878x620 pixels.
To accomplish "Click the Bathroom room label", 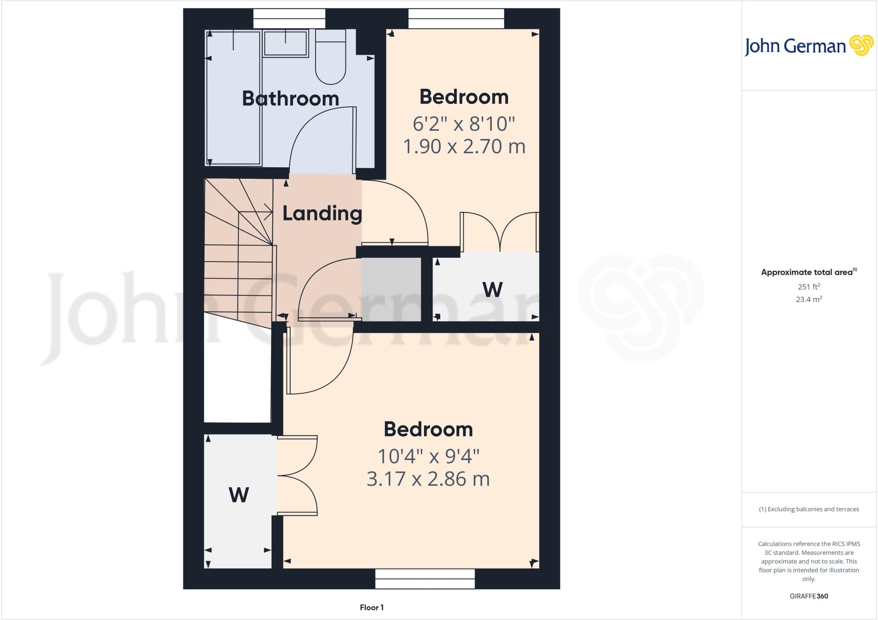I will click(x=290, y=99).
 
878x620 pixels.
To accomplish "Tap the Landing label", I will click(x=322, y=213).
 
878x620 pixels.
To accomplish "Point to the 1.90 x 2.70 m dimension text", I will click(x=464, y=147).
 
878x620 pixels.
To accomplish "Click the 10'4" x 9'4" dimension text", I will click(x=428, y=456).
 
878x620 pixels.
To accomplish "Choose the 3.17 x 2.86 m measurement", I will click(x=428, y=479).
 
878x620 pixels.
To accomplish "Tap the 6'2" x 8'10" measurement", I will click(x=463, y=124).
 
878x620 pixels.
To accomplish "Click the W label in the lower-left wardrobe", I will click(x=239, y=495).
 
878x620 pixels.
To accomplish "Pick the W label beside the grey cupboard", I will click(x=492, y=290).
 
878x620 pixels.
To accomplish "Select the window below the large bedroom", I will click(x=425, y=579).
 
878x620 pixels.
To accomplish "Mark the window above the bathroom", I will click(x=289, y=19).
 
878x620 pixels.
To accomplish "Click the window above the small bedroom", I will click(x=456, y=19).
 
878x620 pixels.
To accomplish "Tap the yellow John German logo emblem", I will click(x=861, y=45).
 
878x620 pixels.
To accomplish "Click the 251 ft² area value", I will click(x=809, y=287).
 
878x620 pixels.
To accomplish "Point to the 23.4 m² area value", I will click(x=809, y=299).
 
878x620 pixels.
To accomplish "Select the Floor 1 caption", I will click(x=372, y=608).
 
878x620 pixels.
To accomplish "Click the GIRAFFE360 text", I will click(x=809, y=596).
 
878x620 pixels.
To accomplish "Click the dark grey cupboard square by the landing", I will click(x=391, y=289).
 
